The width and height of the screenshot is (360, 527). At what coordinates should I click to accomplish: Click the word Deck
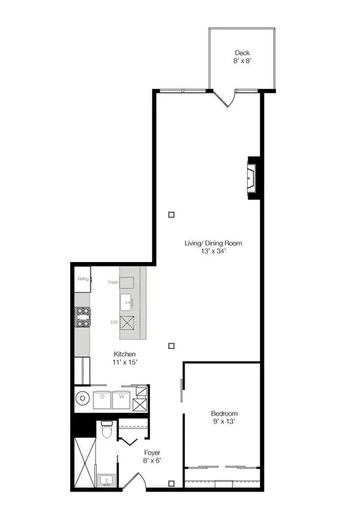[x=242, y=53]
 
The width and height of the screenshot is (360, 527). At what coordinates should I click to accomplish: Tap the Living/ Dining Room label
[x=213, y=243]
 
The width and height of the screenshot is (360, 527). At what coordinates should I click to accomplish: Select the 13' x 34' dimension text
[x=213, y=251]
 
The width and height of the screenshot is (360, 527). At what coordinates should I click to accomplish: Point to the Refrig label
[x=83, y=279]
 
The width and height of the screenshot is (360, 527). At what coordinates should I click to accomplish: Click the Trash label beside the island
[x=113, y=282]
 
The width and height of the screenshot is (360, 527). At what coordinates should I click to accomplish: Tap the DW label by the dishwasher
[x=115, y=322]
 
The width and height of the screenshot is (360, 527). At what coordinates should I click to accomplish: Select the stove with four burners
[x=83, y=317]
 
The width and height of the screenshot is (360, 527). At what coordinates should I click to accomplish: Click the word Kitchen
[x=125, y=354]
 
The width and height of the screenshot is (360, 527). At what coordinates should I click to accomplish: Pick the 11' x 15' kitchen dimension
[x=125, y=362]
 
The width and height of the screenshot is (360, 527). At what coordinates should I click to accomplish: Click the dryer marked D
[x=102, y=400]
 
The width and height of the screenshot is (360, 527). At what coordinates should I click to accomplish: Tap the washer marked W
[x=121, y=400]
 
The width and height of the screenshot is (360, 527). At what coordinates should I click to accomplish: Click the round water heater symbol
[x=82, y=399]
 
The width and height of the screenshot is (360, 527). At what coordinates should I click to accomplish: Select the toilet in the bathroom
[x=107, y=430]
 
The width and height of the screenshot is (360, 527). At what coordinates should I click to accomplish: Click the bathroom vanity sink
[x=106, y=481]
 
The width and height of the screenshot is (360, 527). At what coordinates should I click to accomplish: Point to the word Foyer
[x=152, y=453]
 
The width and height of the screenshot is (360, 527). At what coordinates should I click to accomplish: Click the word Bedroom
[x=224, y=414]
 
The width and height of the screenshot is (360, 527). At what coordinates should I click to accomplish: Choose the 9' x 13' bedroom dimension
[x=224, y=421]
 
